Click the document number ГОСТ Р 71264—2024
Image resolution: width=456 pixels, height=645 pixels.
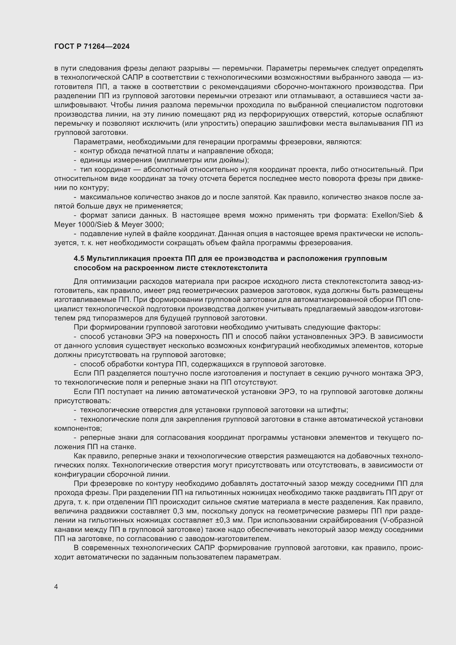point(92,47)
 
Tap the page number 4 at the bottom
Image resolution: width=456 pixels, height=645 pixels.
point(56,587)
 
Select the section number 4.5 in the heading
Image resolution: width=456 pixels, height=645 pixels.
point(79,259)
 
